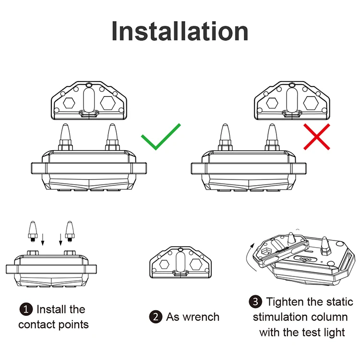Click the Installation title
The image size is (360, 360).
pyautogui.click(x=180, y=31)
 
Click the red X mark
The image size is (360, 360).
pyautogui.click(x=317, y=136)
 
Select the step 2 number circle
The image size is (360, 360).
pyautogui.click(x=156, y=317)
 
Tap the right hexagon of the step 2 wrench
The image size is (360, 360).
pyautogui.click(x=196, y=263)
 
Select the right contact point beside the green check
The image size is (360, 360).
pyautogui.click(x=112, y=136)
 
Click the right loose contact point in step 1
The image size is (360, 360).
pyautogui.click(x=70, y=230)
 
